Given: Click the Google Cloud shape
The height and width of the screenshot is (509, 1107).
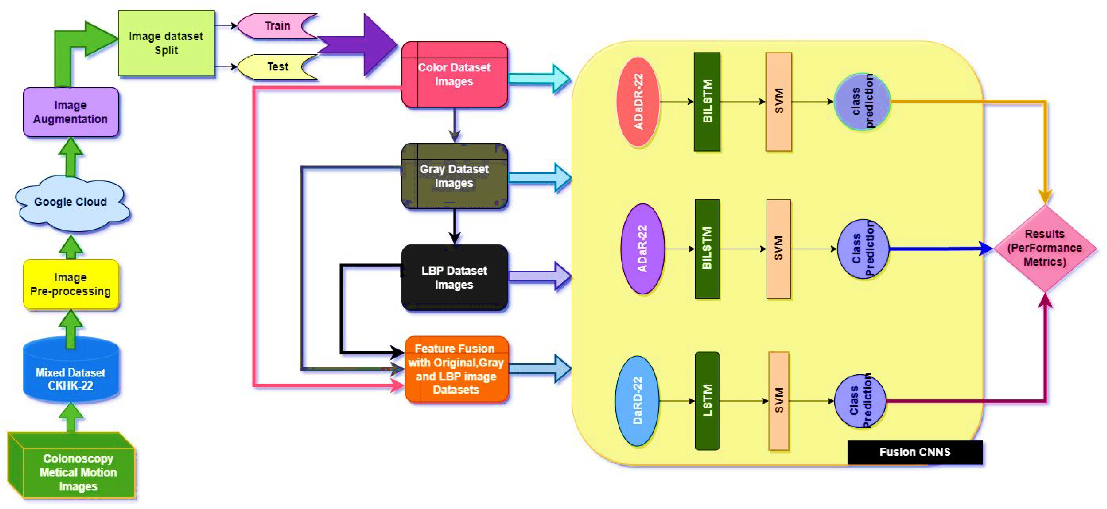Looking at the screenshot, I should (x=71, y=202).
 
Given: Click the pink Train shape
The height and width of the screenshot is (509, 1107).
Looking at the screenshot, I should (x=275, y=26).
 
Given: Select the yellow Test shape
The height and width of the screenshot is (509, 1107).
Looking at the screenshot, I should (x=275, y=67).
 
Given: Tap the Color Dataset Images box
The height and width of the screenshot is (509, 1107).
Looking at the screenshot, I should (x=454, y=74).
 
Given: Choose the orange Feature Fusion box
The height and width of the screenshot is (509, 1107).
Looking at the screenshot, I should (x=456, y=369).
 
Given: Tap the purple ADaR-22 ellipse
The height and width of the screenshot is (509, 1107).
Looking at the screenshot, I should (x=642, y=249).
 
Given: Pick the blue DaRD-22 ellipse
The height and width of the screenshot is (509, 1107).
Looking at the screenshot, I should (x=637, y=401).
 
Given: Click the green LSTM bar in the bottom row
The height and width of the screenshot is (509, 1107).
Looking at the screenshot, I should (x=707, y=401).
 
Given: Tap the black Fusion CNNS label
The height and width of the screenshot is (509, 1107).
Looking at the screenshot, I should (x=914, y=452).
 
